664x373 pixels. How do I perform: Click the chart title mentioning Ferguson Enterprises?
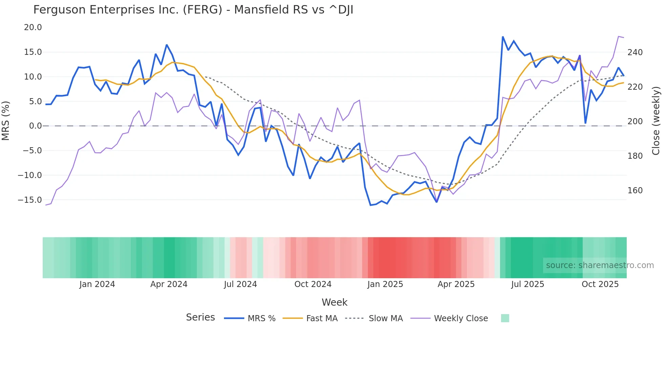click(193, 10)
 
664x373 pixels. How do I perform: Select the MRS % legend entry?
click(261, 319)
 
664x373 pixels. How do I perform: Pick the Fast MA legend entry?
click(321, 319)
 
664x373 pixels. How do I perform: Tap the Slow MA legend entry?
click(386, 319)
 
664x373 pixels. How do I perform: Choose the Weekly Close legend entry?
click(461, 319)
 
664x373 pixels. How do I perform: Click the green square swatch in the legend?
click(505, 318)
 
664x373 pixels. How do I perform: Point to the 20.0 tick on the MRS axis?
click(33, 27)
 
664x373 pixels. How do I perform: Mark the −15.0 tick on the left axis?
click(30, 200)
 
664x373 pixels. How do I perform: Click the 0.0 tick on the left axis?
click(35, 126)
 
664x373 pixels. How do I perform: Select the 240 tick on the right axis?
click(635, 52)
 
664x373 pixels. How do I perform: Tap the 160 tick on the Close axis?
click(635, 191)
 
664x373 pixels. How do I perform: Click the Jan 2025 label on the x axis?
click(385, 284)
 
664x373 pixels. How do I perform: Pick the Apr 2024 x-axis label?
click(169, 284)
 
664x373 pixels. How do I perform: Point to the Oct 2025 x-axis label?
click(600, 284)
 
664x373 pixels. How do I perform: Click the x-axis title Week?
click(334, 302)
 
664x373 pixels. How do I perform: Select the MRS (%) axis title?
click(6, 120)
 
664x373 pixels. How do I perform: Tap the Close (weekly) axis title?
click(656, 120)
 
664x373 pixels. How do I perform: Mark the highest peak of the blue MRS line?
click(503, 37)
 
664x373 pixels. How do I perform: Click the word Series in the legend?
click(200, 317)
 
